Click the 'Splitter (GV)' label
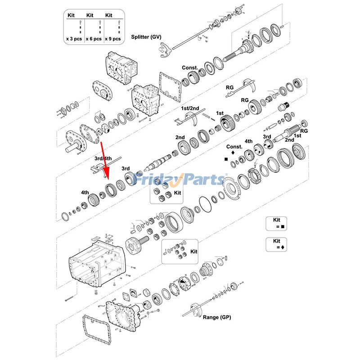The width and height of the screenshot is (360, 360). click(x=146, y=37)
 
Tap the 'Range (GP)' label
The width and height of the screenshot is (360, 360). click(x=217, y=317)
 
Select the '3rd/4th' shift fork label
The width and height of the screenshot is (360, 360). click(x=103, y=158)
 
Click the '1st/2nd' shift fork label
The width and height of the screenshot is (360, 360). click(x=190, y=108)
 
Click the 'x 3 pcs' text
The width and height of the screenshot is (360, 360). click(x=74, y=39)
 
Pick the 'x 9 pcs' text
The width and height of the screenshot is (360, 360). click(x=113, y=39)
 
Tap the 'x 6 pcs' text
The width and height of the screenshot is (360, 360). click(x=94, y=39)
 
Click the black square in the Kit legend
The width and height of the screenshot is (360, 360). click(x=283, y=227)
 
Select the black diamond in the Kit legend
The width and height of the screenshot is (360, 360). click(x=283, y=247)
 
